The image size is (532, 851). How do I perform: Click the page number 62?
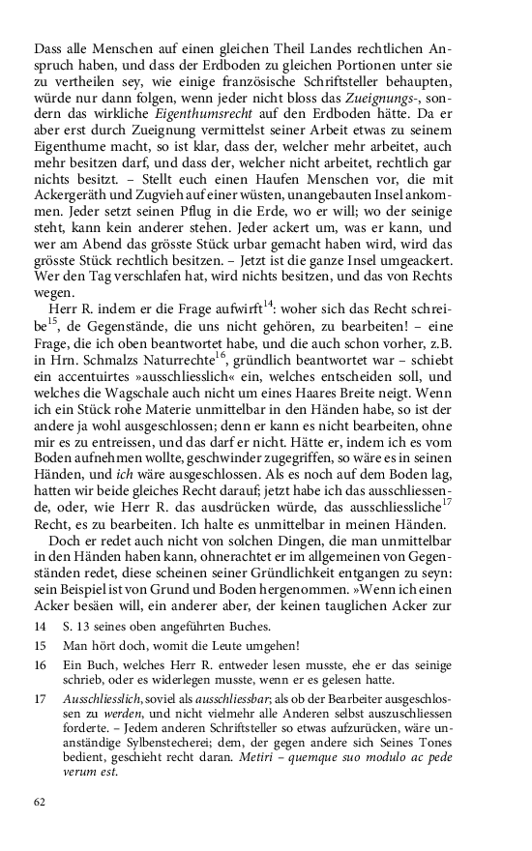click(x=40, y=802)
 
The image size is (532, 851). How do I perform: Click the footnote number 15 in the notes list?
click(x=40, y=645)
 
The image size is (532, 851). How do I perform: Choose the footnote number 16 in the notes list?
click(x=40, y=667)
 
